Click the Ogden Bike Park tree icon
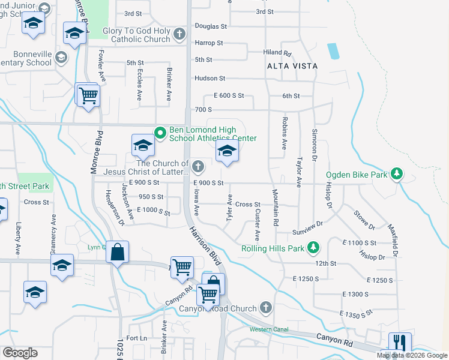pyautogui.click(x=396, y=175)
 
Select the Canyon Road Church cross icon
pyautogui.click(x=267, y=308)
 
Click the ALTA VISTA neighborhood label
pyautogui.click(x=292, y=65)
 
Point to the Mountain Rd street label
pyautogui.click(x=276, y=208)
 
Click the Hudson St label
pyautogui.click(x=209, y=79)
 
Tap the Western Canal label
pyautogui.click(x=270, y=329)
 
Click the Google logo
pyautogui.click(x=20, y=353)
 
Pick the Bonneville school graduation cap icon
pyautogui.click(x=61, y=58)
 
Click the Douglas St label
pyautogui.click(x=211, y=26)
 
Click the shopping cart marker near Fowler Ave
pyautogui.click(x=88, y=95)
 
